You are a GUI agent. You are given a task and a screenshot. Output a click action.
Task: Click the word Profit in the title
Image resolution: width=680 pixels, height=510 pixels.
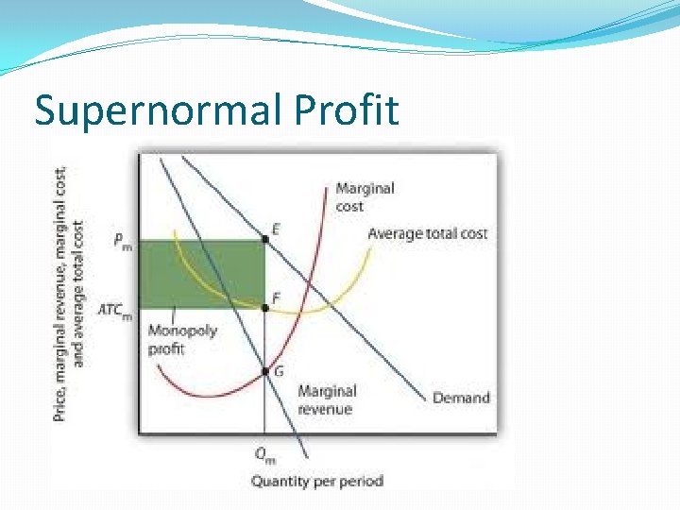pyautogui.click(x=347, y=110)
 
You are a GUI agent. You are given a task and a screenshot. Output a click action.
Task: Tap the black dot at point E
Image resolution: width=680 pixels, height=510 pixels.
pyautogui.click(x=264, y=240)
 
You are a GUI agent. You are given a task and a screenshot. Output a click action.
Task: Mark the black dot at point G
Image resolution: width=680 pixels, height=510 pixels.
pyautogui.click(x=264, y=371)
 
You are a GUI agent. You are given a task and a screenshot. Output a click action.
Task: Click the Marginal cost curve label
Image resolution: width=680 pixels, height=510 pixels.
pyautogui.click(x=365, y=196)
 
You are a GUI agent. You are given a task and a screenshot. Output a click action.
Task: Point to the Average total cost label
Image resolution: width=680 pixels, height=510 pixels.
pyautogui.click(x=427, y=233)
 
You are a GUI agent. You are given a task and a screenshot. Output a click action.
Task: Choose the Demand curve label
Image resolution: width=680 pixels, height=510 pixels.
pyautogui.click(x=461, y=398)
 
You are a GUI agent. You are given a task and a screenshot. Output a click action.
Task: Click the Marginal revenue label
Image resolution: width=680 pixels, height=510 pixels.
pyautogui.click(x=326, y=399)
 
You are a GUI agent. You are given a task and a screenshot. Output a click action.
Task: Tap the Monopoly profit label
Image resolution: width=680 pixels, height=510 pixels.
pyautogui.click(x=182, y=340)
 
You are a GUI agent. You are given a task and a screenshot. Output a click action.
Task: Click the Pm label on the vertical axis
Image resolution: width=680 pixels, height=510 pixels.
pyautogui.click(x=123, y=241)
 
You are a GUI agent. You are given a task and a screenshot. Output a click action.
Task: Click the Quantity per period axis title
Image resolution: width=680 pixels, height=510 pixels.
pyautogui.click(x=316, y=482)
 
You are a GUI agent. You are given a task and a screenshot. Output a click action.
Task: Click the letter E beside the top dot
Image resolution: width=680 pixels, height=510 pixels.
pyautogui.click(x=276, y=229)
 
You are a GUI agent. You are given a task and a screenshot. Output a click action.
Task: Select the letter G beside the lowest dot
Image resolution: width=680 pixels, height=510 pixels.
pyautogui.click(x=277, y=371)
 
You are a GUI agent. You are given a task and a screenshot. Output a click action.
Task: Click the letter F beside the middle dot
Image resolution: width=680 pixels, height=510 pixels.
pyautogui.click(x=276, y=297)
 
